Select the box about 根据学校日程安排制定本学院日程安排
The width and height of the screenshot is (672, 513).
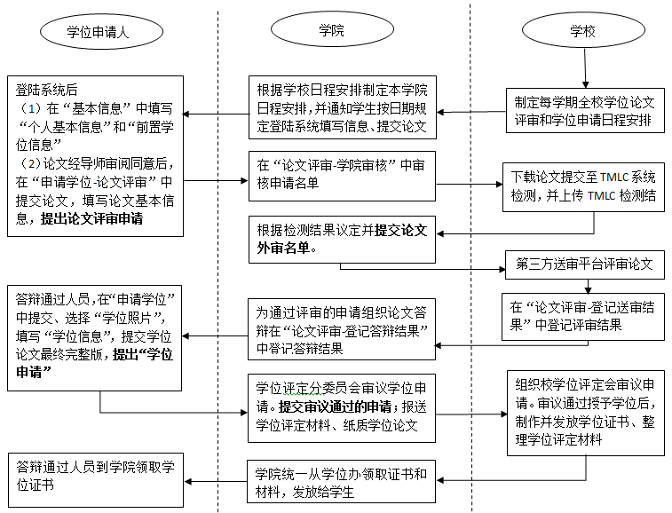[342, 108]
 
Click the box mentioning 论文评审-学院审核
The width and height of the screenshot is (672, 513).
[342, 174]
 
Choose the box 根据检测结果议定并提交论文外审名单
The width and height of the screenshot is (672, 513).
[342, 237]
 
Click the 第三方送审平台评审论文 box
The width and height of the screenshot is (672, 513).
[584, 264]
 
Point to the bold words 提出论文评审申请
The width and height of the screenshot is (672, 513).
[92, 218]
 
